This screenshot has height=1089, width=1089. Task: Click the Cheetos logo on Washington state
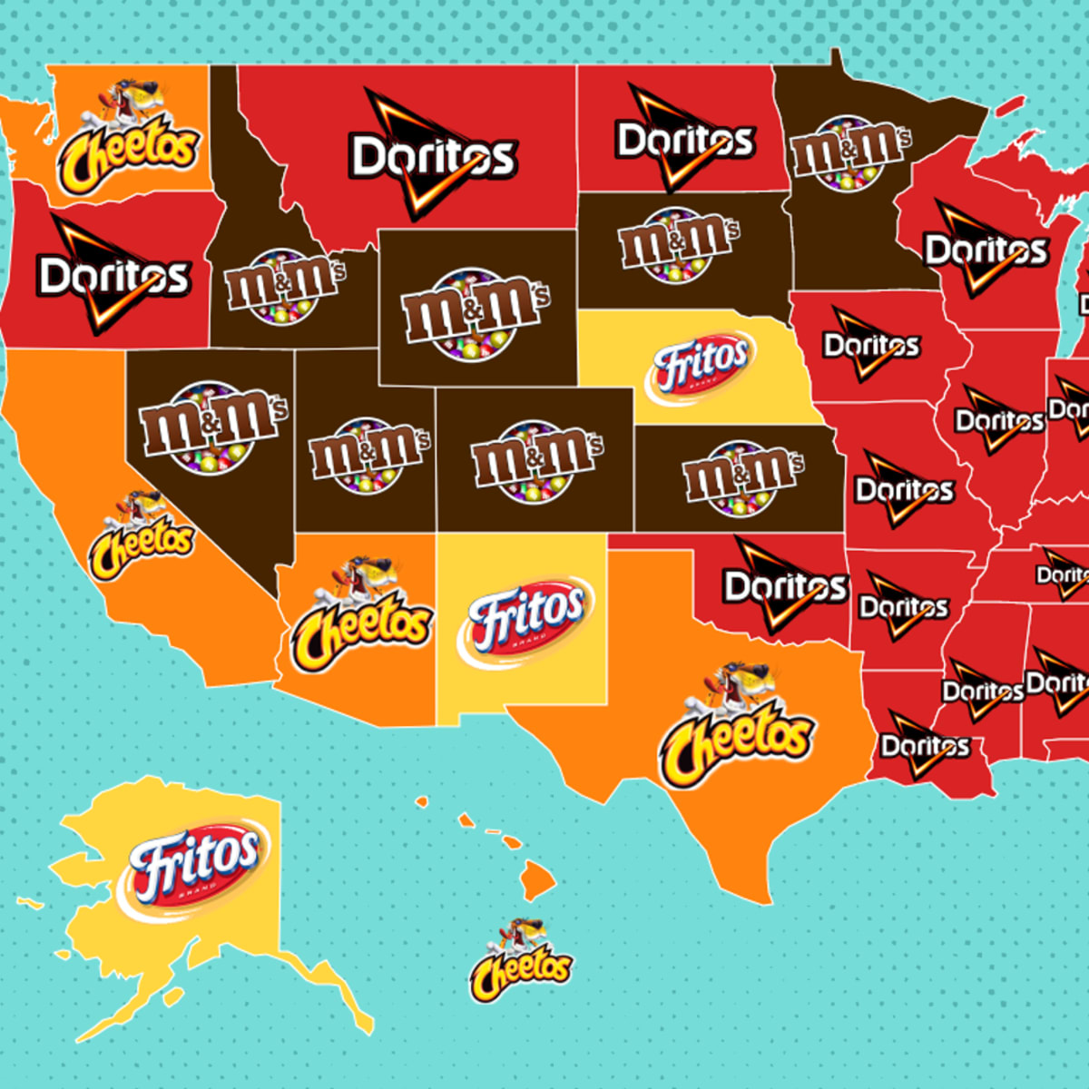[x=128, y=141]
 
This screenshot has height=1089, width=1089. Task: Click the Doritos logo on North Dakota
[x=685, y=140]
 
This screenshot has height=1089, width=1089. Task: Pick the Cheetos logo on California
[x=141, y=535]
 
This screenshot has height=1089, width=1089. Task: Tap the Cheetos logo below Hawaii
[x=521, y=962]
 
